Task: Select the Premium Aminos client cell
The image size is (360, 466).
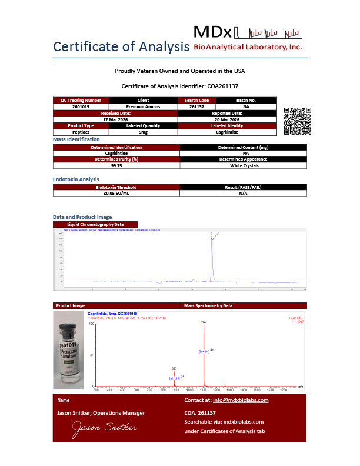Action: [143, 106]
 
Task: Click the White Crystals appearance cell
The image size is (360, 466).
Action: [243, 165]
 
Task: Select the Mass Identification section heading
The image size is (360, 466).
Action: [77, 139]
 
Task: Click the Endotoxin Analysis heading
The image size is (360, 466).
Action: [76, 179]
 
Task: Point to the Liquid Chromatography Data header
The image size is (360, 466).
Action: [95, 224]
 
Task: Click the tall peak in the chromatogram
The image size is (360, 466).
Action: [211, 253]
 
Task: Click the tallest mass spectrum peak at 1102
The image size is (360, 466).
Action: [204, 353]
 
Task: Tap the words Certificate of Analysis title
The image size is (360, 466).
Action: [121, 46]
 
